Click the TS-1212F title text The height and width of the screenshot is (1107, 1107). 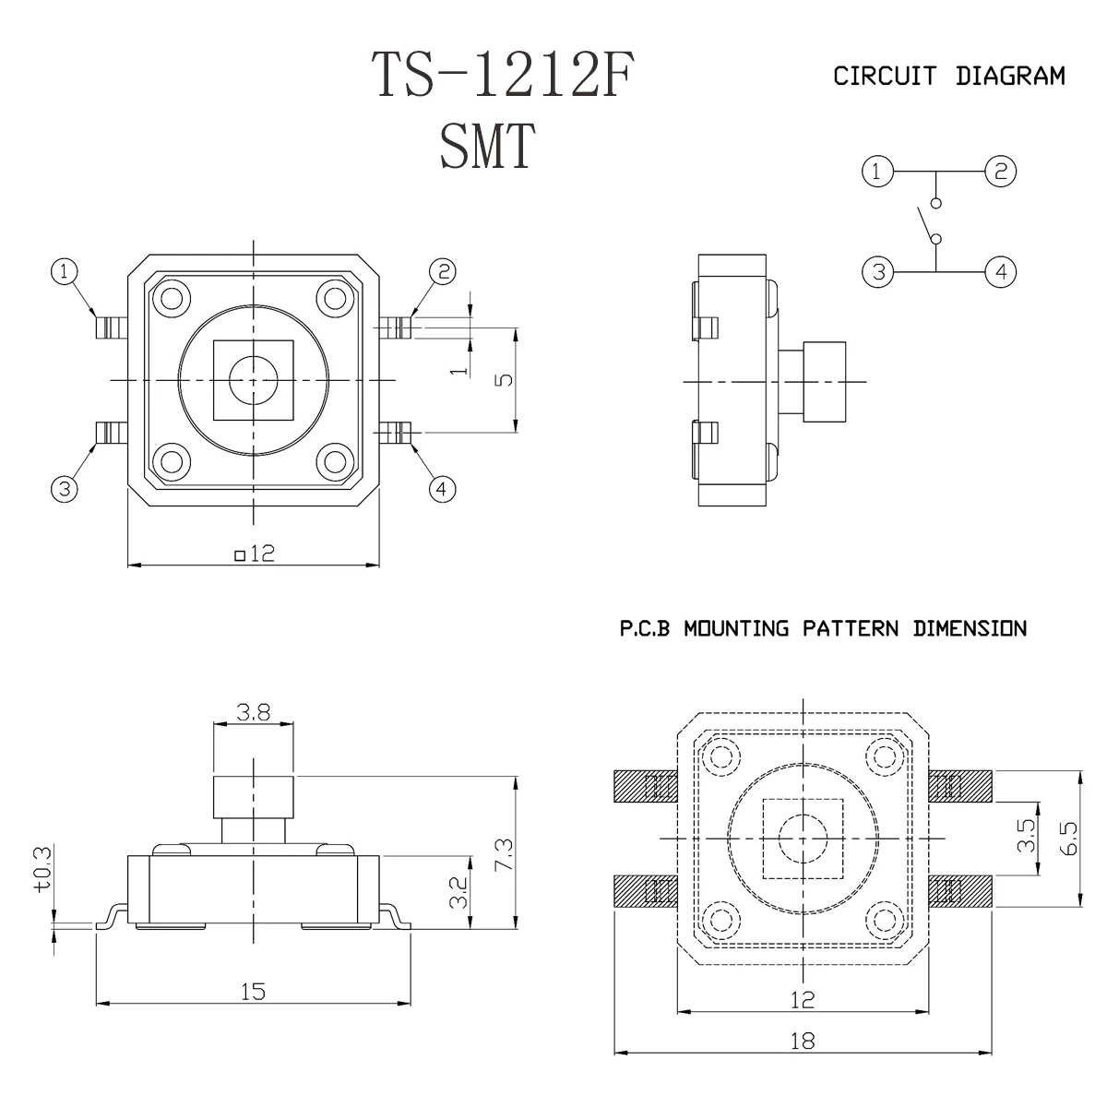coord(503,76)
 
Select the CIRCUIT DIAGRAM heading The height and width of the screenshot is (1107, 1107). coord(948,76)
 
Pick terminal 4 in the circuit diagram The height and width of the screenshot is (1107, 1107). coord(1000,272)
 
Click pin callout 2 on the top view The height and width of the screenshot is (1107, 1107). coord(444,271)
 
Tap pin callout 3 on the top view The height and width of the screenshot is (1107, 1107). coord(64,489)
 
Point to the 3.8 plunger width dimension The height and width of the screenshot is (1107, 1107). coord(252,712)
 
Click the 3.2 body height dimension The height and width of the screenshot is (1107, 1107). coord(458,892)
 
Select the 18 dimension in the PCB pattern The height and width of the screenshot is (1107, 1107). coord(803,1041)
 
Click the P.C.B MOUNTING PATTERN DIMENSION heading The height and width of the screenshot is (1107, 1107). coord(821,629)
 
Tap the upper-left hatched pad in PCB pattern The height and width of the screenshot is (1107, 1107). coord(644,786)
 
